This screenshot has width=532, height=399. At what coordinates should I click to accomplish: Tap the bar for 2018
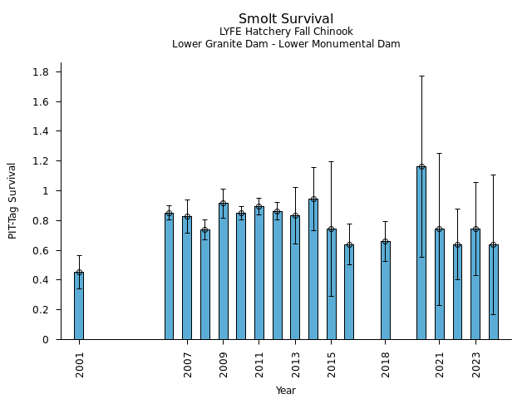[x=385, y=291]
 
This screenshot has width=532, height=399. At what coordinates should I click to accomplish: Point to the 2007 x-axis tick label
[x=188, y=363]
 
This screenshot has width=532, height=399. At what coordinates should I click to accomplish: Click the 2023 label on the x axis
[x=475, y=363]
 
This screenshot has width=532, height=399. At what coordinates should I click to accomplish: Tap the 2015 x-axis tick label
[x=332, y=363]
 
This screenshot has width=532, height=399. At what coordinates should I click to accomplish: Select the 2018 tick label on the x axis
[x=386, y=363]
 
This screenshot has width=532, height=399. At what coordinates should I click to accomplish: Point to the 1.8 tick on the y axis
[x=40, y=72]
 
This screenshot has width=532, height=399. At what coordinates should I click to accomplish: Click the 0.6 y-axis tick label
[x=40, y=250]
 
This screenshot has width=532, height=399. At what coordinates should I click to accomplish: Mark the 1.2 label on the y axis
[x=40, y=161]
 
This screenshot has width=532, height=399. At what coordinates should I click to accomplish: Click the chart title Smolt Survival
[x=286, y=19]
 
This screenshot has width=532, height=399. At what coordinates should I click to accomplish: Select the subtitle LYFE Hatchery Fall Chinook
[x=286, y=32]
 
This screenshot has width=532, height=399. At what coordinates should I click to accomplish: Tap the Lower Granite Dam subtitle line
[x=286, y=44]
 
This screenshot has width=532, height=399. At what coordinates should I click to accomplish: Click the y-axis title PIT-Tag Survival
[x=12, y=200]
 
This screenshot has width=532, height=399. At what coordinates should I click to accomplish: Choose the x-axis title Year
[x=286, y=391]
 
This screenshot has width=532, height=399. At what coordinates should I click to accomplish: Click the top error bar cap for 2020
[x=421, y=76]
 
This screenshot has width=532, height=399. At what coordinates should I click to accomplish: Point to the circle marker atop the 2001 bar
[x=79, y=272]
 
